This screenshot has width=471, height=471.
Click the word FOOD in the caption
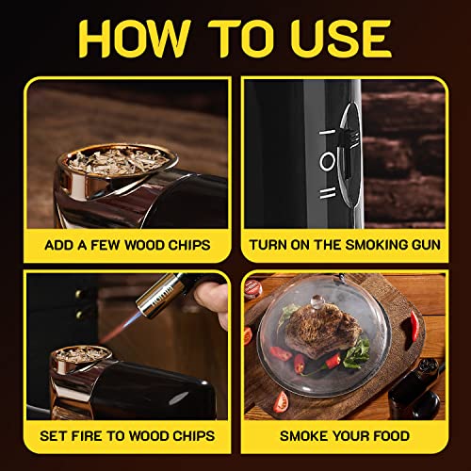389,437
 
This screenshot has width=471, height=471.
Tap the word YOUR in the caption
344,437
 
